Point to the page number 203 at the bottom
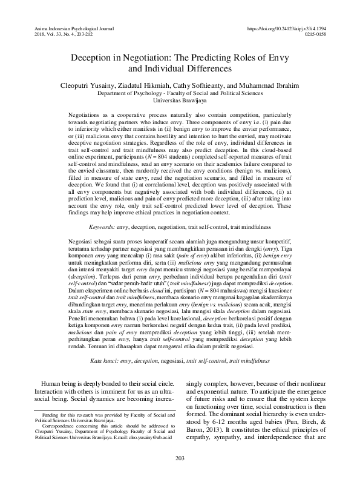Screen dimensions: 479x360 pyautogui.click(x=180, y=457)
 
